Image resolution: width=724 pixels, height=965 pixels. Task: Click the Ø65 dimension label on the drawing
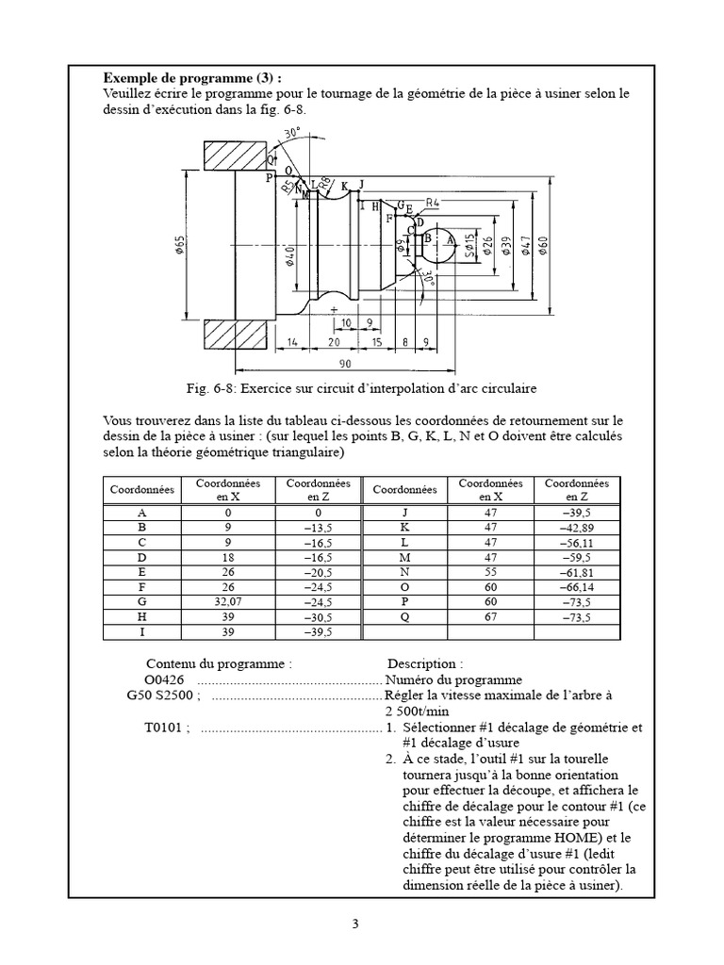180,246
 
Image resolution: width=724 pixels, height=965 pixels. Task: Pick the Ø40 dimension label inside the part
290,255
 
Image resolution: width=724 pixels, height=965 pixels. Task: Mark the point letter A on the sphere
449,240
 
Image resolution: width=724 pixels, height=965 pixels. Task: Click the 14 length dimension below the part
294,342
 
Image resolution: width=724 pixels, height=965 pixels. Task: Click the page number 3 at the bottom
355,924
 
